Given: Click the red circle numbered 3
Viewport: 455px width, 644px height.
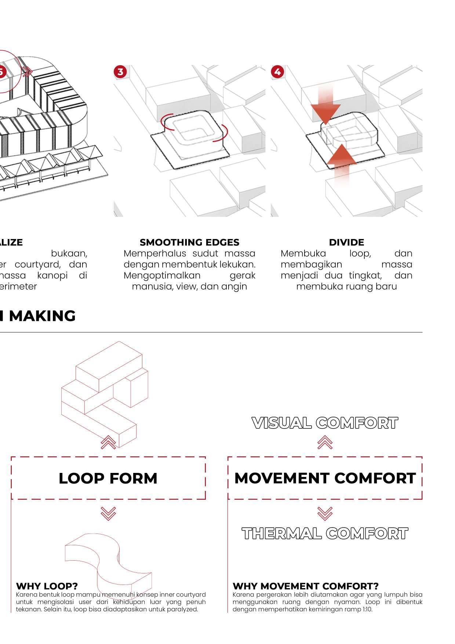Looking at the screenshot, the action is click(120, 72).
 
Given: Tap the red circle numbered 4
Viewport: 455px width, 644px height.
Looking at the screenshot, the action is click(277, 72).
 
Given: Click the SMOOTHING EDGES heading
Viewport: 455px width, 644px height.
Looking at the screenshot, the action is click(189, 242).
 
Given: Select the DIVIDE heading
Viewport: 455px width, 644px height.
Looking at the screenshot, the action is click(346, 242).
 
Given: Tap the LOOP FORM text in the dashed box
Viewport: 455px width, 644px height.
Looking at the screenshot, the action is click(108, 478).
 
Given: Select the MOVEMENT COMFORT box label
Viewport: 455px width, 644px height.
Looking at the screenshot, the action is click(325, 478).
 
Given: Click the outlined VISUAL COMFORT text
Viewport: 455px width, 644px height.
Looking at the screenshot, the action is click(325, 423).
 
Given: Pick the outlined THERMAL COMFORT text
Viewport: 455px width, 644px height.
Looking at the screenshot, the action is click(325, 533).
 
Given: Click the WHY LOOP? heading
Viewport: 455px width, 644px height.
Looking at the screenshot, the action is click(47, 586).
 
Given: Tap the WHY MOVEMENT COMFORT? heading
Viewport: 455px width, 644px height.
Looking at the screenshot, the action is click(305, 586).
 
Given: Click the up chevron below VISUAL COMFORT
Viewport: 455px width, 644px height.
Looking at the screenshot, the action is click(325, 442).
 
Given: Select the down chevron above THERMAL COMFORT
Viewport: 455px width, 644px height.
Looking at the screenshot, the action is click(325, 513).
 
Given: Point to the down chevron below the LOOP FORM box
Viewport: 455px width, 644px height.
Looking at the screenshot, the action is click(108, 513).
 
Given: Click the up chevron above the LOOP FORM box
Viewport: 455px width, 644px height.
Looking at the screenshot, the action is click(108, 442).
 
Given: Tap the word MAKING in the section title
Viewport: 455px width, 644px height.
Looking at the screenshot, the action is click(42, 316).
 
